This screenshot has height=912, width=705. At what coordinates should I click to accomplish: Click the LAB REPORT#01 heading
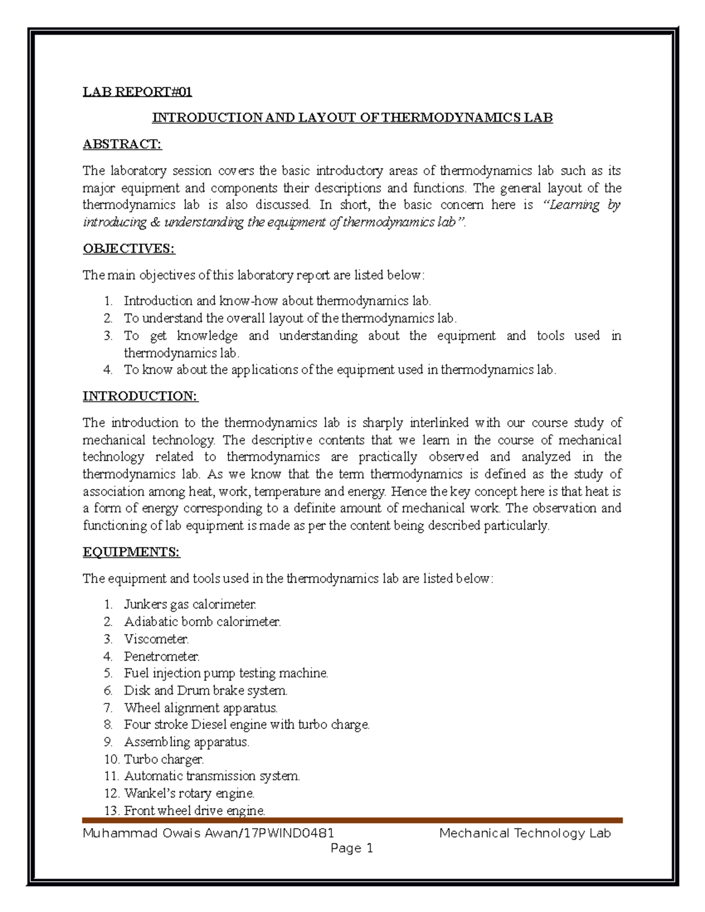click(137, 92)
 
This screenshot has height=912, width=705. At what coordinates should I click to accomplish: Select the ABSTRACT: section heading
click(122, 144)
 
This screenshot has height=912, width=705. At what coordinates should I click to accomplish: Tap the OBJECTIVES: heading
click(129, 248)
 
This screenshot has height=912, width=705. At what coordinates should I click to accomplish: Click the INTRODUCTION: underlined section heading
click(140, 396)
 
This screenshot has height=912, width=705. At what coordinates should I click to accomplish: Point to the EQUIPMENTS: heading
click(131, 552)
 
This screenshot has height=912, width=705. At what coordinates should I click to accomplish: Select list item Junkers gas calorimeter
click(190, 604)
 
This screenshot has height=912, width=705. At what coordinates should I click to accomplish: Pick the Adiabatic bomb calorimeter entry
click(203, 621)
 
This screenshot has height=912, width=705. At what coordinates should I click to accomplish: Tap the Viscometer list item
click(156, 638)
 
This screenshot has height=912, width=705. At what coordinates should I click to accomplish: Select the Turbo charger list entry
click(164, 759)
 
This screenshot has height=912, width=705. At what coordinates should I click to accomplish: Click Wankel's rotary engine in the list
click(190, 793)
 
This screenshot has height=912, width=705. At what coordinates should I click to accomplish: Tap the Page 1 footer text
click(352, 848)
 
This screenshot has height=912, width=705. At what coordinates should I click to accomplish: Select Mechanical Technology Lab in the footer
click(525, 833)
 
